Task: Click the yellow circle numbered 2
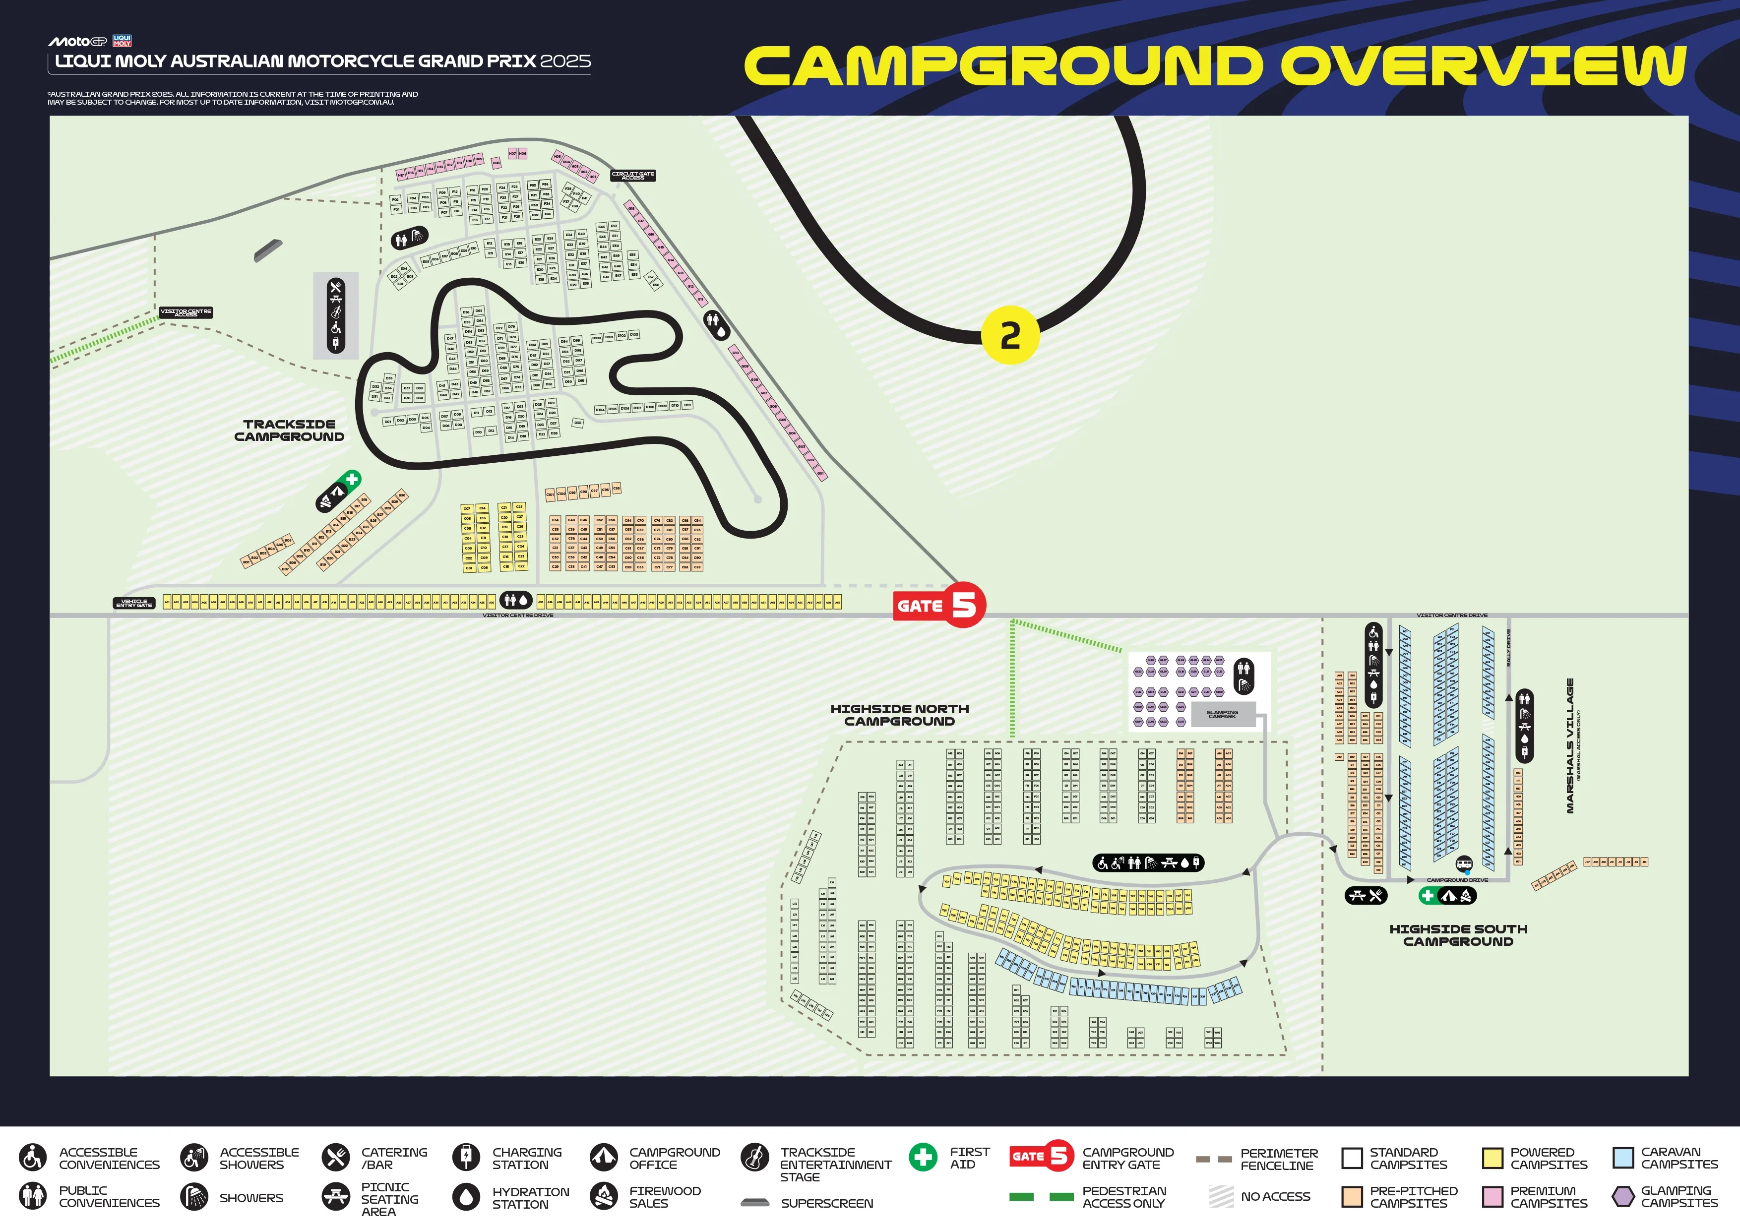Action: click(1009, 335)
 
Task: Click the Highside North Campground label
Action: click(900, 715)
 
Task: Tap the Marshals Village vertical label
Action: click(1570, 746)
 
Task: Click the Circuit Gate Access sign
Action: click(633, 175)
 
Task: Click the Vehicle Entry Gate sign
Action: click(134, 603)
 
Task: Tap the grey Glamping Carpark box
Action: click(1222, 714)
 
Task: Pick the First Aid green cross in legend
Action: click(922, 1157)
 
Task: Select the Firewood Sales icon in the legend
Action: click(604, 1197)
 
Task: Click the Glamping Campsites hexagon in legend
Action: click(1622, 1197)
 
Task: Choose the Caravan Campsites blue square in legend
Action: click(1622, 1158)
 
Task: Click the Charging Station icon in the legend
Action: click(465, 1157)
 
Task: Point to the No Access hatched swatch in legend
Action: click(1221, 1197)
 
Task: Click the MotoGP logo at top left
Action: click(77, 42)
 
